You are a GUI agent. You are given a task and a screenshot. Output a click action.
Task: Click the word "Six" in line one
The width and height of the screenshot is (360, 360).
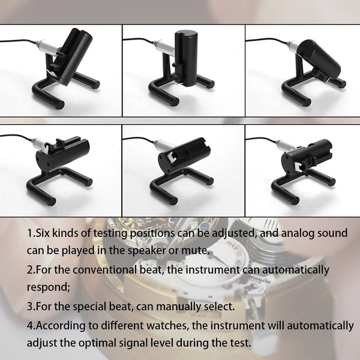coord(43,233)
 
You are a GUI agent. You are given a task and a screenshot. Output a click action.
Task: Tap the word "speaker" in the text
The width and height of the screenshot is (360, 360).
coord(147,250)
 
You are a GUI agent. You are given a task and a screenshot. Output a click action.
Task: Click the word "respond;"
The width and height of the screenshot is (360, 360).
coord(49,287)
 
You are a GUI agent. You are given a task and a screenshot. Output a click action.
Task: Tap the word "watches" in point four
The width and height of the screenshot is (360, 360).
coord(166,326)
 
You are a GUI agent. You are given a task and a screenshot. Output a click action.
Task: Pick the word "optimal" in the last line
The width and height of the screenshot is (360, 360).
coord(97,343)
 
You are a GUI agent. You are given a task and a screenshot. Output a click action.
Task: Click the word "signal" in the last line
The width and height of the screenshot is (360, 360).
coord(133,343)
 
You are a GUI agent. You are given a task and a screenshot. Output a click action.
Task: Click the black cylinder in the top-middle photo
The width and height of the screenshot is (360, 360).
coord(186,59)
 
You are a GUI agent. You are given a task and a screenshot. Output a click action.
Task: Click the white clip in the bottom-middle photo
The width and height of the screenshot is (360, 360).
coord(171,157)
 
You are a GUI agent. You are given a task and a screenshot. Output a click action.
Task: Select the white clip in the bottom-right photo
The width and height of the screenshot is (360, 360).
coord(299,167)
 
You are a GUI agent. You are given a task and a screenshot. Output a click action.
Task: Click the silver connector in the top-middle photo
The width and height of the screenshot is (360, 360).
coord(165,46)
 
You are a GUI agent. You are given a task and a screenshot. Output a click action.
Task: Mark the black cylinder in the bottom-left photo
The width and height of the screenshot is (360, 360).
coord(62,154)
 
